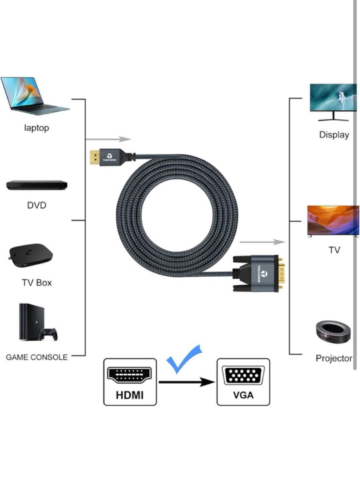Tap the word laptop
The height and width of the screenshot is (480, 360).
[36, 128]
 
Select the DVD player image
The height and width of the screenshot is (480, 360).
[37, 185]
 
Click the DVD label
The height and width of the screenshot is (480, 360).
[36, 205]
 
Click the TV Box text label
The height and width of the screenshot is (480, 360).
[37, 283]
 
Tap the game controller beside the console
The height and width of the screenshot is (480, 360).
[48, 334]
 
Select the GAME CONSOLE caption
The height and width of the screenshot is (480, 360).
[37, 357]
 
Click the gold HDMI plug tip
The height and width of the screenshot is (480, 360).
[95, 158]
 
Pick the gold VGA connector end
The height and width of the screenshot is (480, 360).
[282, 273]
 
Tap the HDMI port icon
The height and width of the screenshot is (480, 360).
[129, 375]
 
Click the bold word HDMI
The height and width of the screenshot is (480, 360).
[130, 395]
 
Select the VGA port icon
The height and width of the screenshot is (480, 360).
[243, 376]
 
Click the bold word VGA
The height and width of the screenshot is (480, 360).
[243, 395]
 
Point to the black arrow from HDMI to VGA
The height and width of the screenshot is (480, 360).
[187, 382]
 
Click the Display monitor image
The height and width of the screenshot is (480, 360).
[333, 102]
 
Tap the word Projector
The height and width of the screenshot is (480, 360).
[334, 358]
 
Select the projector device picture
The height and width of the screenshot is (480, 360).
[333, 332]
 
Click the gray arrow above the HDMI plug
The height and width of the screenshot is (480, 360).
[108, 139]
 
